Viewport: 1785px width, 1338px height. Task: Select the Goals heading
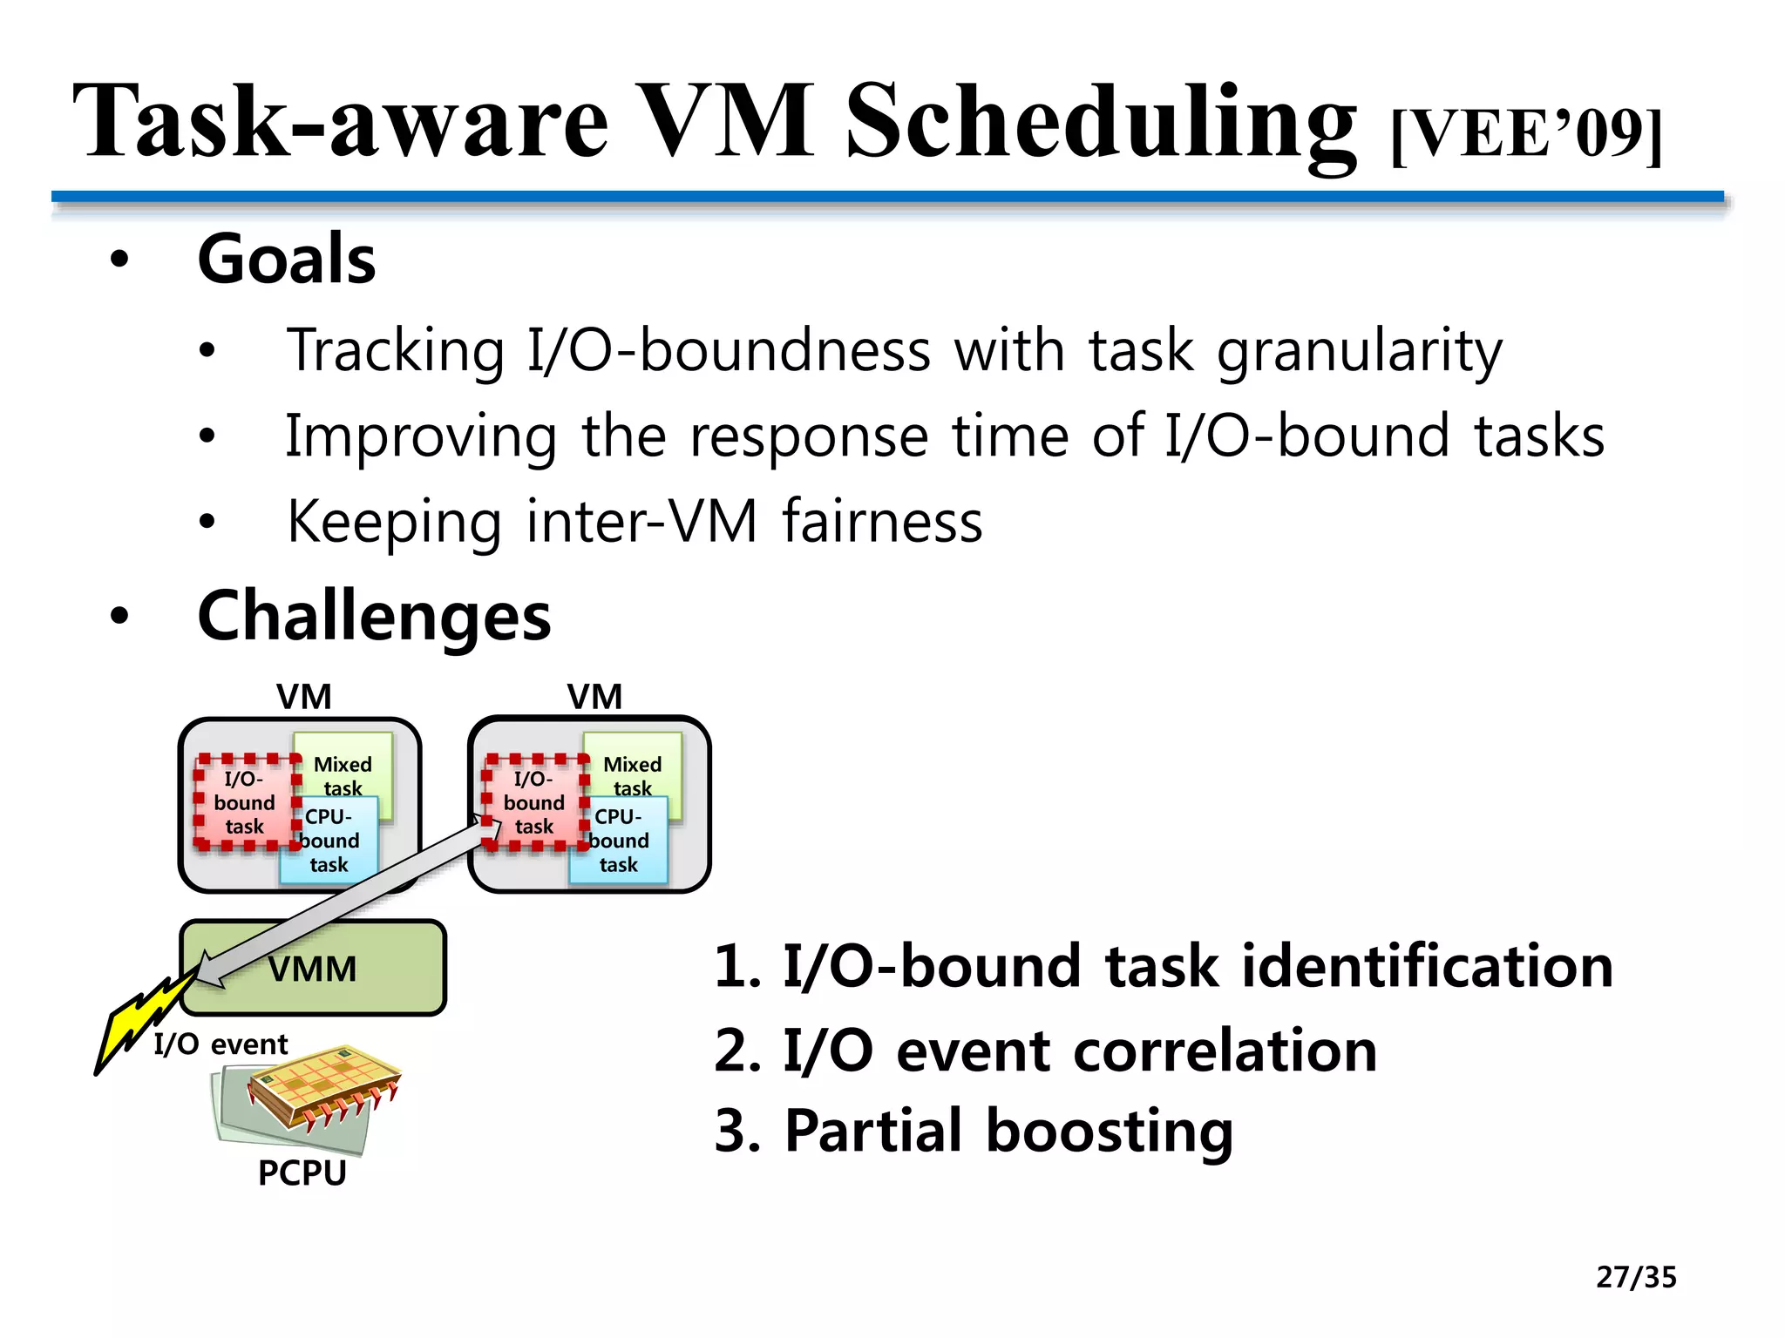(287, 260)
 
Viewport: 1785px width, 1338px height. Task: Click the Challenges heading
(374, 616)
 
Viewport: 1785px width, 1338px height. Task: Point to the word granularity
(1360, 351)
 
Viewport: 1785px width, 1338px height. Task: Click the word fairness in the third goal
(882, 522)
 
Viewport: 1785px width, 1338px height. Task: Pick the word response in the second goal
(809, 436)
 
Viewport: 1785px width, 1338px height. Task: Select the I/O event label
(221, 1044)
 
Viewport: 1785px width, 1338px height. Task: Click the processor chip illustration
(322, 1089)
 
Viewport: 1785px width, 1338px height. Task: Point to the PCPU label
(302, 1172)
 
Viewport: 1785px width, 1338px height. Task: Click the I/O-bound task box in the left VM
(244, 802)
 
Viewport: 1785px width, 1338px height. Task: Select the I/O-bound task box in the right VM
(533, 802)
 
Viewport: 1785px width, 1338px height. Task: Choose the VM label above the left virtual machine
(303, 697)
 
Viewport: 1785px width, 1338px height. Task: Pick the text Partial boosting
(1008, 1131)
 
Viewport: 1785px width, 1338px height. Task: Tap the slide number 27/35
(1636, 1277)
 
